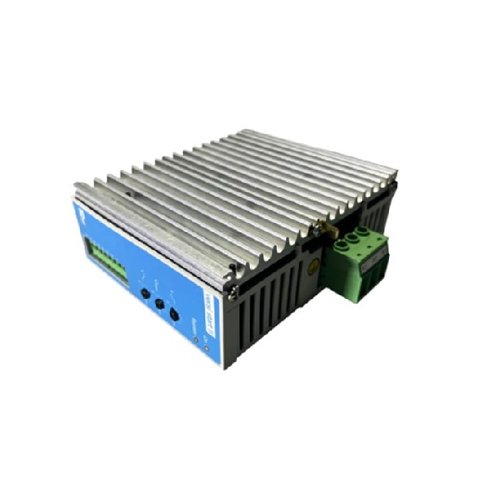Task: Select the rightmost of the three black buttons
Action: [x=175, y=315]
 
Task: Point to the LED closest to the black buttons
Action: [x=196, y=337]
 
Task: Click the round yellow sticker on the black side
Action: [x=314, y=268]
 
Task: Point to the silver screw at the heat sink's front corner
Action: [x=231, y=268]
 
